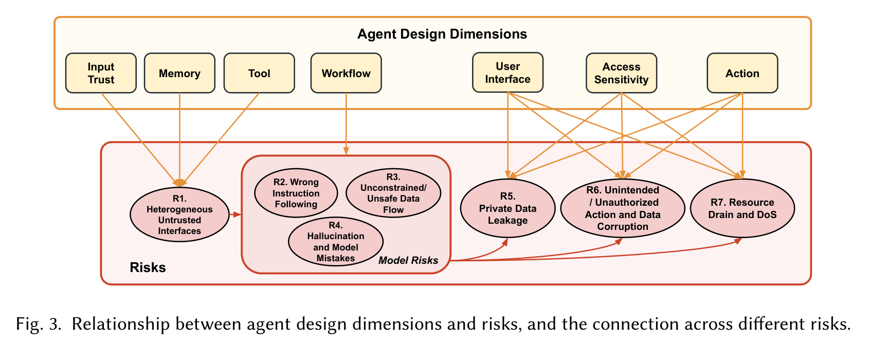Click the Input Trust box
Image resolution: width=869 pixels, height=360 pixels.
pos(101,73)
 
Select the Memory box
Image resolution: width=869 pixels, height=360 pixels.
pos(179,73)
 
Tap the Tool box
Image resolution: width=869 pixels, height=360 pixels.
pos(259,73)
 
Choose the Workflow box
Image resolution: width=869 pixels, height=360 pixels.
pos(346,73)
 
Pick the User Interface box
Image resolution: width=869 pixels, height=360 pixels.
pos(508,73)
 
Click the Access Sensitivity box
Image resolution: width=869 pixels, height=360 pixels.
pos(621,73)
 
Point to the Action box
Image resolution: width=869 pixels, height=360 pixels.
pos(742,73)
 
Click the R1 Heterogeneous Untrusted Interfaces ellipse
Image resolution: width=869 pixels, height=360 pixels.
pos(179,214)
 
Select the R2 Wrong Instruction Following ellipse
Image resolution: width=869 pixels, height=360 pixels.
pos(296,193)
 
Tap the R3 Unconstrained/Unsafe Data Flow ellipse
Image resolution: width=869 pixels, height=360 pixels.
pos(393,193)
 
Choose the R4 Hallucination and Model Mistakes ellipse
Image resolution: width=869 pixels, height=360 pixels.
pos(336,242)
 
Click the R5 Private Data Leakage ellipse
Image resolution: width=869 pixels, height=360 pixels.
pos(508,208)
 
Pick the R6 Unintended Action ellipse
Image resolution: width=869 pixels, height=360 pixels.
pos(622,208)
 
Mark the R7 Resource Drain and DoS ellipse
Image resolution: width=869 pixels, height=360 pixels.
pos(742,208)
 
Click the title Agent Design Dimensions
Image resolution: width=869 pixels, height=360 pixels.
pos(442,34)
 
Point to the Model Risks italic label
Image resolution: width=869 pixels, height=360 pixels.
pos(408,260)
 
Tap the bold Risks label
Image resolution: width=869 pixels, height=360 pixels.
pos(148,267)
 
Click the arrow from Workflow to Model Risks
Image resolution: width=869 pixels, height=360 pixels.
pos(346,123)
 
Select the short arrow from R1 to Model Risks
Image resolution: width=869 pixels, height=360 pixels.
pos(235,214)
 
